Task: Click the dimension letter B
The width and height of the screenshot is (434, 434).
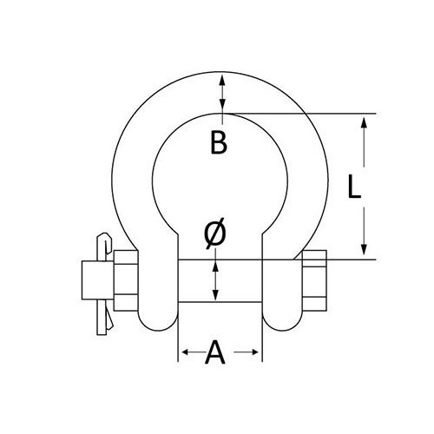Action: [219, 142]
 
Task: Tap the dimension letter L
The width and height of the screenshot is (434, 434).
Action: [354, 187]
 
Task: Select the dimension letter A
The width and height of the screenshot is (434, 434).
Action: [214, 352]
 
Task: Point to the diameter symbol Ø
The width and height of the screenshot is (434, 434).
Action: [214, 233]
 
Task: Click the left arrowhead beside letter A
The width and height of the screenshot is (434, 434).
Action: [186, 352]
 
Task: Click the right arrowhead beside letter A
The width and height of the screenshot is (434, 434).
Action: [254, 352]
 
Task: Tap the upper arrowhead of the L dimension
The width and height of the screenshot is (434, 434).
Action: [364, 122]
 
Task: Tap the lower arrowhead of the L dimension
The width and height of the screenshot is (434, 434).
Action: [364, 249]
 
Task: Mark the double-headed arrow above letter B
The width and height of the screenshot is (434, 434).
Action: [222, 95]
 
